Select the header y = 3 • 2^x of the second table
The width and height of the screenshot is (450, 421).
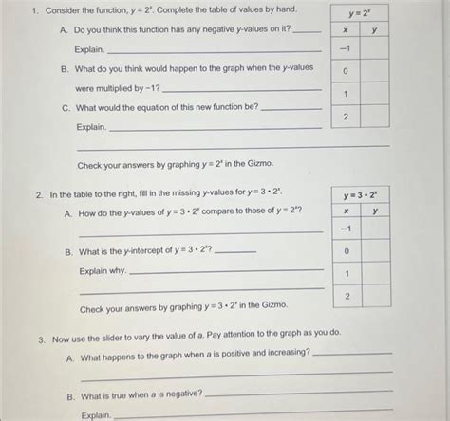tap(362, 195)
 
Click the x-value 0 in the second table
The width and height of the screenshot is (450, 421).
tap(348, 251)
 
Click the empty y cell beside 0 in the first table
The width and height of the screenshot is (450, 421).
tap(375, 71)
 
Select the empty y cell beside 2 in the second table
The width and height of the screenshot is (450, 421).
tap(377, 296)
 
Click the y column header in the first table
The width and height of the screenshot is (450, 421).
tap(375, 30)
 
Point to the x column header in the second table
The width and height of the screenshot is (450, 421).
tap(348, 211)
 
